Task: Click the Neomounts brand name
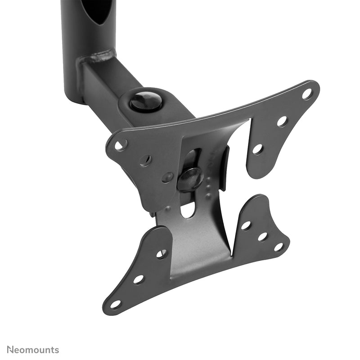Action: click(30, 350)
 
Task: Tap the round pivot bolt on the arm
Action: click(146, 101)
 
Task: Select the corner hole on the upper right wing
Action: click(307, 94)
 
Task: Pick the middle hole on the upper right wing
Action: click(282, 121)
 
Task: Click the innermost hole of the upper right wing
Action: click(257, 149)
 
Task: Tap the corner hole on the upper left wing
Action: click(121, 145)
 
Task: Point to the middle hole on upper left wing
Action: click(145, 161)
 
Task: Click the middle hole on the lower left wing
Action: click(139, 279)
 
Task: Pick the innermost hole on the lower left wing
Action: click(162, 254)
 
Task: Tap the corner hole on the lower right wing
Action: click(279, 247)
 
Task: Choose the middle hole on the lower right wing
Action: click(263, 236)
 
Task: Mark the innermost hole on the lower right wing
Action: click(246, 225)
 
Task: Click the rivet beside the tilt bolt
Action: click(167, 177)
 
